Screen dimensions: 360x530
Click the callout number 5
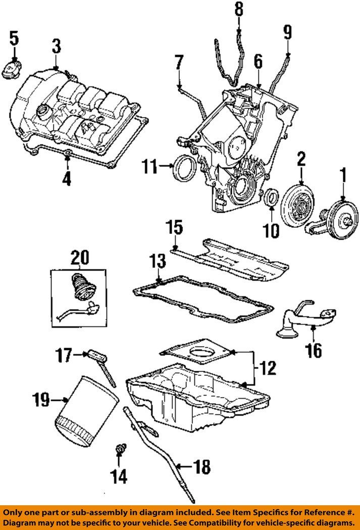point(14,38)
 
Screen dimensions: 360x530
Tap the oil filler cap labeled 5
point(11,69)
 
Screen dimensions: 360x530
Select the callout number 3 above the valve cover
point(57,46)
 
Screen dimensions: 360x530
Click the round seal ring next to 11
point(183,168)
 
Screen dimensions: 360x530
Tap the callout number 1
point(343,175)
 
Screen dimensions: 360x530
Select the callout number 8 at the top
point(239,10)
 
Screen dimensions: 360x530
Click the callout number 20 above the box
point(80,258)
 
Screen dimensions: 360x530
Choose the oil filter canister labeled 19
point(86,410)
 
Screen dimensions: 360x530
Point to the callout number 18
point(201,467)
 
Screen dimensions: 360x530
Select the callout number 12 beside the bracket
point(268,368)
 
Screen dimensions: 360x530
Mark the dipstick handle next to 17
point(97,356)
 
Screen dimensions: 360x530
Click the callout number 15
point(174,227)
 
